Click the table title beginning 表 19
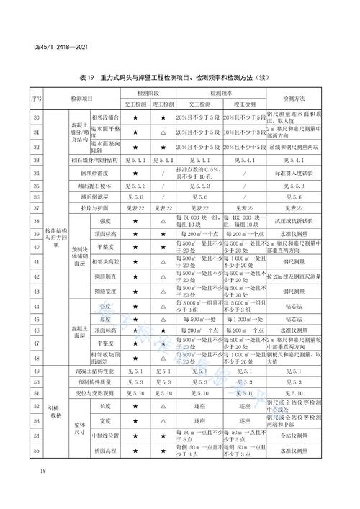(180, 77)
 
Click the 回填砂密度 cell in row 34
(95, 173)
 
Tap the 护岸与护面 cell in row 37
(95, 207)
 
